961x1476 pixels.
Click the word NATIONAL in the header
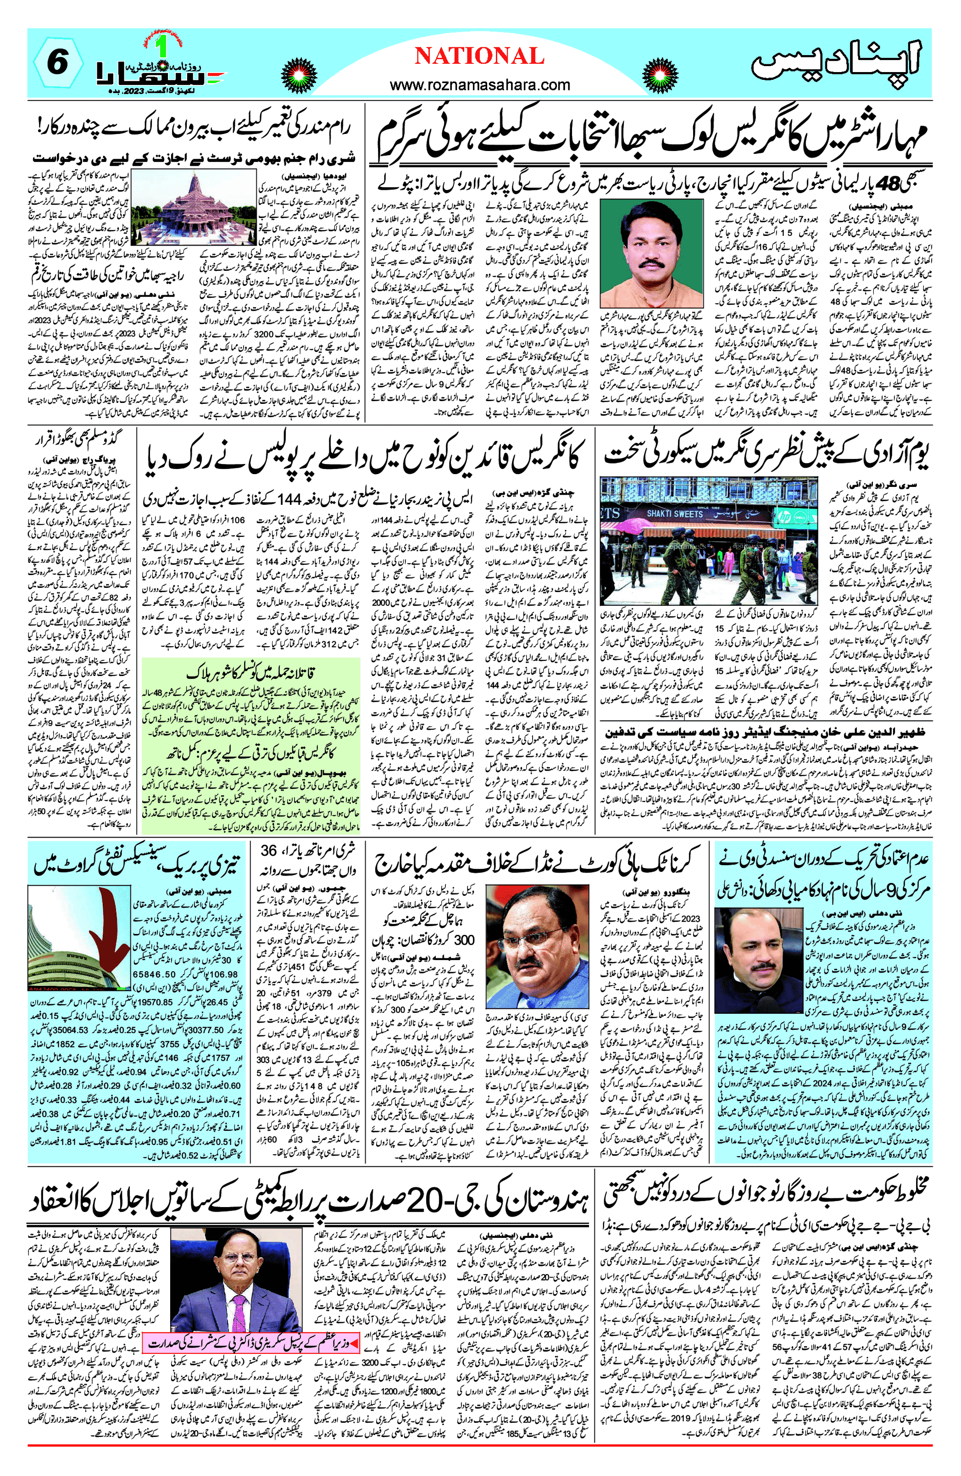point(479,56)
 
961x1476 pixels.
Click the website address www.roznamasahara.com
point(480,85)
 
